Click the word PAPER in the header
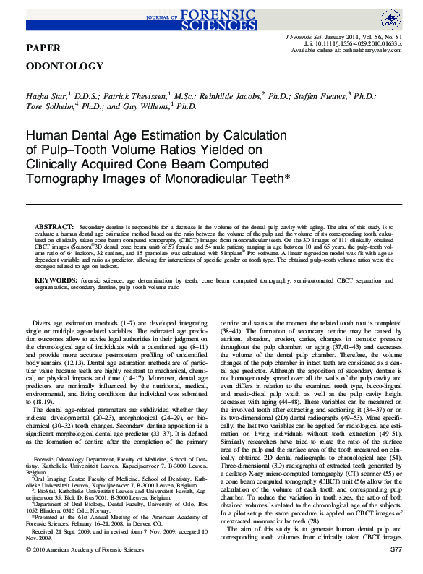[43, 47]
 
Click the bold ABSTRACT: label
[54, 227]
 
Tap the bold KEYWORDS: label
[57, 279]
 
